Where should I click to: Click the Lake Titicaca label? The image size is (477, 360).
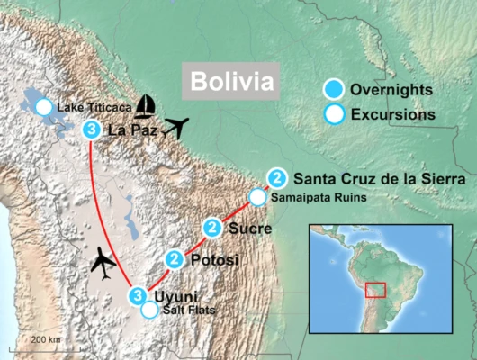(x=94, y=109)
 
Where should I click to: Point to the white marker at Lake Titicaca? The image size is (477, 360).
(x=43, y=108)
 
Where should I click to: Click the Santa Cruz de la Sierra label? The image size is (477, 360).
(x=366, y=177)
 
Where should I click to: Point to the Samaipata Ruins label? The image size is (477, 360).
(x=318, y=197)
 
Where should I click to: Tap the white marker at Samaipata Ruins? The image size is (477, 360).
(x=258, y=196)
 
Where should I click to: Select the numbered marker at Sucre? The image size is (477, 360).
(x=212, y=227)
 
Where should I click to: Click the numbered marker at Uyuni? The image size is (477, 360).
(x=137, y=295)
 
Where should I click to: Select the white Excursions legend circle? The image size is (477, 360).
(x=335, y=114)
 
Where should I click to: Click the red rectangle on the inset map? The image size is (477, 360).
(x=376, y=290)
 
